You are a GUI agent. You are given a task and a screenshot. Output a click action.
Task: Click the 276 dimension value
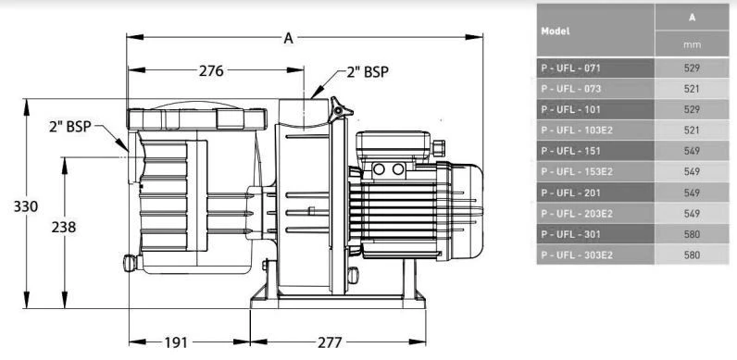[x=211, y=71]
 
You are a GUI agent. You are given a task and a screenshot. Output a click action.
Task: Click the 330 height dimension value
[x=25, y=206]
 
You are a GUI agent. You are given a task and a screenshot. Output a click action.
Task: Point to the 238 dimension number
[x=64, y=227]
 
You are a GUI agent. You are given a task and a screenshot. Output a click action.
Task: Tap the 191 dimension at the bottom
[x=176, y=342]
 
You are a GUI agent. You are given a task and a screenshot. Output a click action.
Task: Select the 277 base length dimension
[x=330, y=342]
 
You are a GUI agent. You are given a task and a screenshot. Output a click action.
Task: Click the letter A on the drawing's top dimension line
[x=288, y=39]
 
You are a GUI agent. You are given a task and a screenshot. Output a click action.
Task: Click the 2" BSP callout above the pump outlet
[x=368, y=72]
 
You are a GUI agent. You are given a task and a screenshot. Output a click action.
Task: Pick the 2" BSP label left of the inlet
[x=70, y=127]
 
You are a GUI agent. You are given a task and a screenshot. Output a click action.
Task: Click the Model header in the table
[x=556, y=31]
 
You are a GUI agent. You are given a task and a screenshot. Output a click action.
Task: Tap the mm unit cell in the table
[x=692, y=44]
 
